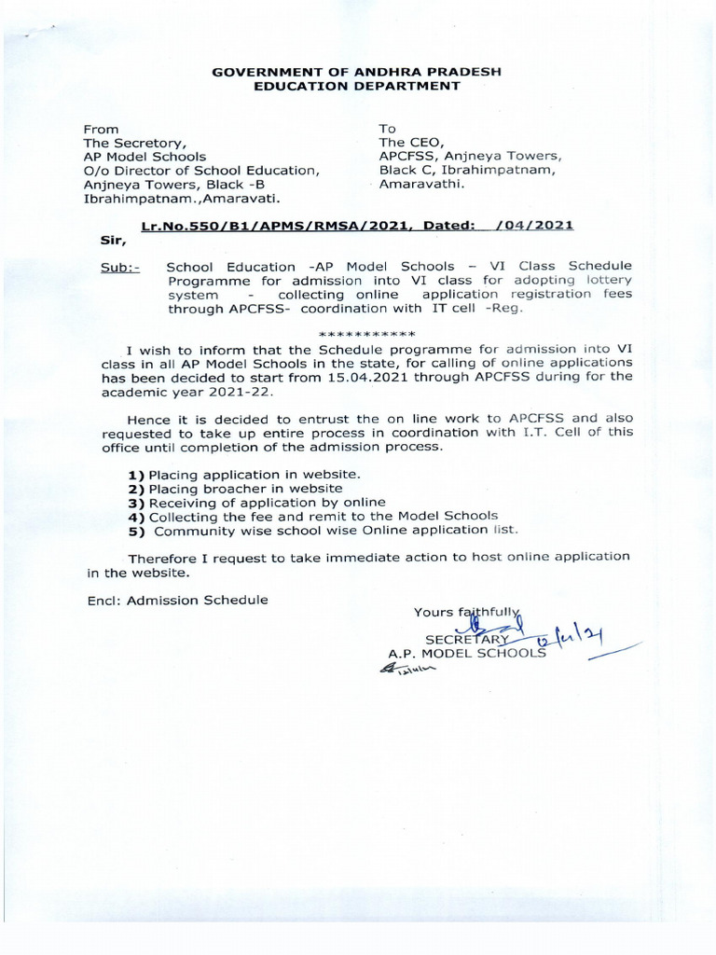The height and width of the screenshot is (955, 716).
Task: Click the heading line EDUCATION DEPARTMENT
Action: coord(358,86)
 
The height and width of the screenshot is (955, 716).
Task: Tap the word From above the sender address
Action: coord(102,129)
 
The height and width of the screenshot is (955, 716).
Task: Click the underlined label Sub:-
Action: coord(119,267)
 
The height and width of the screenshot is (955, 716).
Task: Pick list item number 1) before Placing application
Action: coord(136,475)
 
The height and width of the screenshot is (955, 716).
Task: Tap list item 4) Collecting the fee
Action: coord(312,516)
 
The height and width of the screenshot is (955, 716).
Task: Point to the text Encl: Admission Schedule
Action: coord(177,600)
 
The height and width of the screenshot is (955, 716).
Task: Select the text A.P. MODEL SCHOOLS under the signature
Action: coord(467,654)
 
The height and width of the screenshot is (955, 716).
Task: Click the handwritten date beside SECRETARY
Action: coord(578,636)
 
